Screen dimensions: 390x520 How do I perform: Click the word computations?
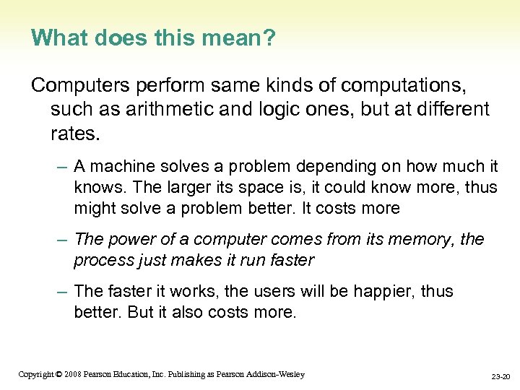pyautogui.click(x=404, y=87)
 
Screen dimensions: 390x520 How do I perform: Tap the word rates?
pyautogui.click(x=74, y=133)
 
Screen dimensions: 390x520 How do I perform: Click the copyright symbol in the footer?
pyautogui.click(x=58, y=374)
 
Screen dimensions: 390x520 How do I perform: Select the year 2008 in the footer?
pyautogui.click(x=72, y=374)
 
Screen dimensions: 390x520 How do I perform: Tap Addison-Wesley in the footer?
pyautogui.click(x=278, y=374)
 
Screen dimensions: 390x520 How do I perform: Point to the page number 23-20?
pyautogui.click(x=500, y=376)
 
